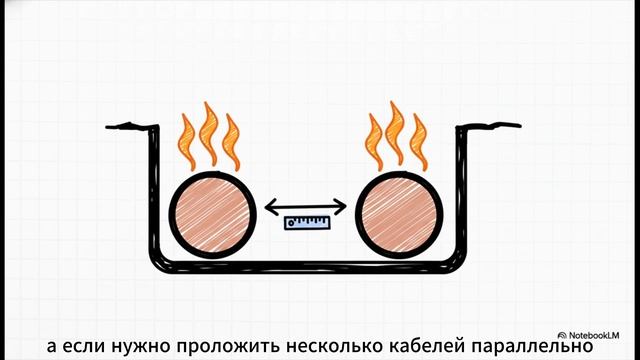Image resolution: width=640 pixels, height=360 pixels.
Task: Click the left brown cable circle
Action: point(211,217)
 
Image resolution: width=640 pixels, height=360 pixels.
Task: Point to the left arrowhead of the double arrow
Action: point(269,207)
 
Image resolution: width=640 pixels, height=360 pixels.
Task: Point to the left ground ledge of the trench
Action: point(128,126)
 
